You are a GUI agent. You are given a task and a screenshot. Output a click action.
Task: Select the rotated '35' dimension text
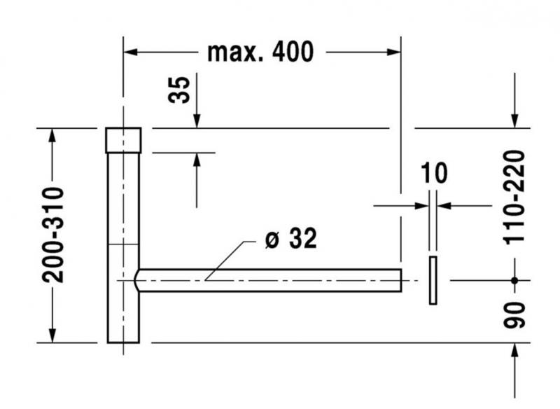[x=180, y=90]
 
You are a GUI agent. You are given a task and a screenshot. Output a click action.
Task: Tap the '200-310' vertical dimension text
[x=52, y=235]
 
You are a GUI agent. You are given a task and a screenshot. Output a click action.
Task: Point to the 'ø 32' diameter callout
[x=291, y=240]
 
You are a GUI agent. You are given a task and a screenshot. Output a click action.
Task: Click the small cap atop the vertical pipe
[x=123, y=140]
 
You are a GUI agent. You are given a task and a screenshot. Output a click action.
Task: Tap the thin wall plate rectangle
[x=433, y=280]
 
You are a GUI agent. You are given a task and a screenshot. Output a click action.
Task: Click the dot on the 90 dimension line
[x=514, y=280]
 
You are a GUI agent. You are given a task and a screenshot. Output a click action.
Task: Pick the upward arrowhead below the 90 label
[x=515, y=351]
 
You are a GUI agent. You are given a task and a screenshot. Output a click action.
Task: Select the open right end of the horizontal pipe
[x=400, y=280]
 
